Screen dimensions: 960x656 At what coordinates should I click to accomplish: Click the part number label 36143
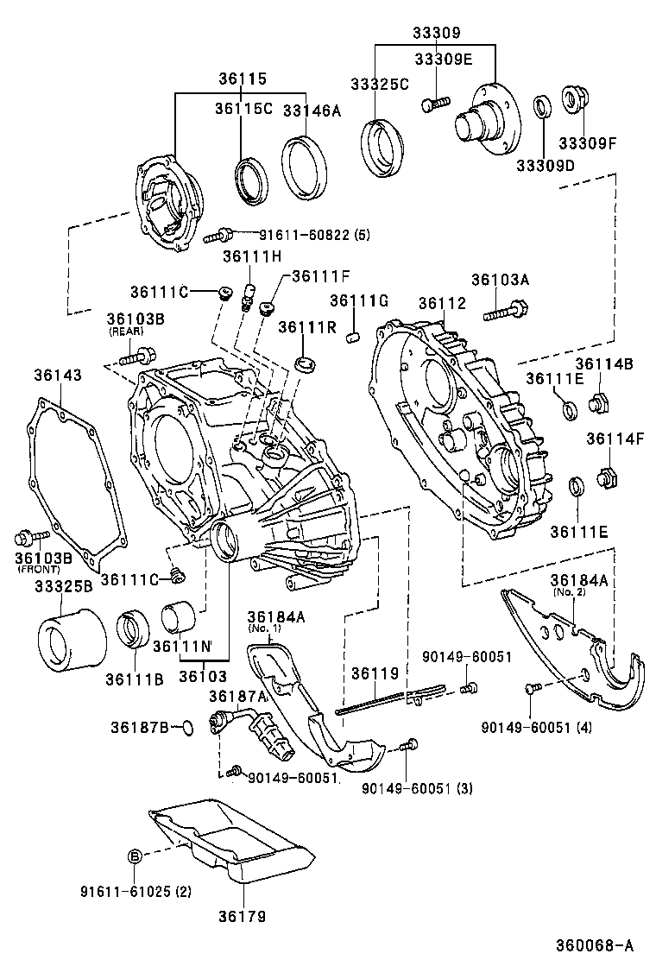click(59, 376)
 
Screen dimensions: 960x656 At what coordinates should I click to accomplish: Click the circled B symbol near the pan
click(135, 856)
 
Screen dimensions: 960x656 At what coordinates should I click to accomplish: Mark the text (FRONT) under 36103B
click(37, 569)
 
